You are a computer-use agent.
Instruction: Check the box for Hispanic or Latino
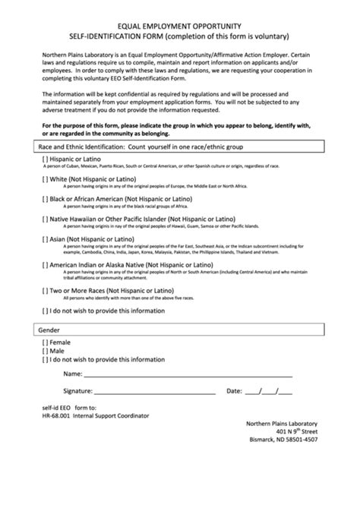(x=45, y=159)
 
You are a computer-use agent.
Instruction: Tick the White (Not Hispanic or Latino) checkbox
(x=45, y=179)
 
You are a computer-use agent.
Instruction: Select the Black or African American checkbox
(x=45, y=199)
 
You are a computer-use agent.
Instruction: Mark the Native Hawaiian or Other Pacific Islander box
(x=45, y=219)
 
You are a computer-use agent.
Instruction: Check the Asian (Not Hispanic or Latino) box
(x=45, y=238)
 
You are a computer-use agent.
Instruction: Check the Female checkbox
(x=45, y=342)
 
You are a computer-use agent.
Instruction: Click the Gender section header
(x=49, y=330)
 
